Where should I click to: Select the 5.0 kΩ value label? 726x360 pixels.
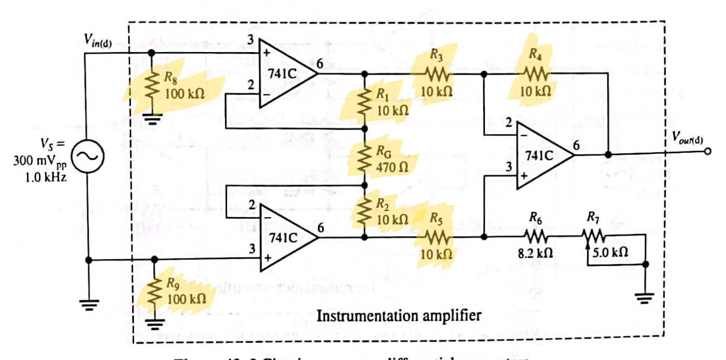pyautogui.click(x=611, y=252)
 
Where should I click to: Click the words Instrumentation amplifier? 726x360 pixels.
pyautogui.click(x=398, y=316)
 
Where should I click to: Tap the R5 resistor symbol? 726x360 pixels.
pyautogui.click(x=437, y=237)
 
